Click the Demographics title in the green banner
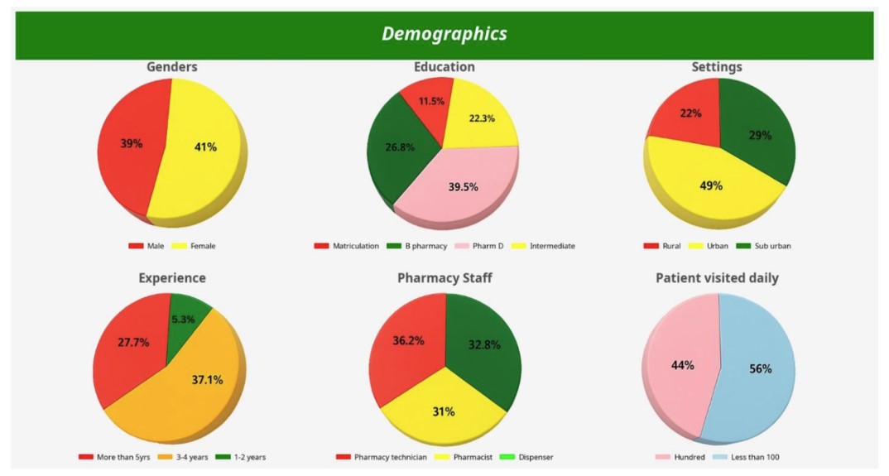point(444,34)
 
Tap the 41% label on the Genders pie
point(205,147)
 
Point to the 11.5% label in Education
point(431,101)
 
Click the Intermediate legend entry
point(551,246)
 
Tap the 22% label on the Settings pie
point(690,113)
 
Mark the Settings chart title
point(717,67)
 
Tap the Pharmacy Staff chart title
point(444,278)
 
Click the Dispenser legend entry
point(533,457)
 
